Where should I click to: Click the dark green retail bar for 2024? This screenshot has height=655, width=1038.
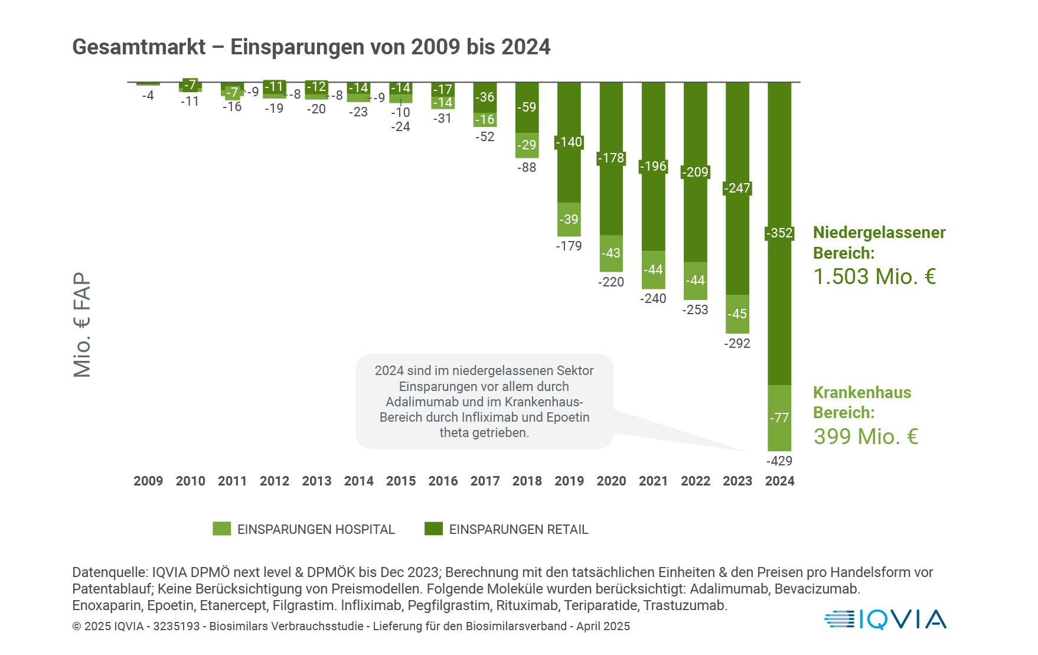coord(779,307)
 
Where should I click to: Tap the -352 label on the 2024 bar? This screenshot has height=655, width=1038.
coord(779,233)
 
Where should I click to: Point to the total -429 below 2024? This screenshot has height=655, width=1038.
coord(779,461)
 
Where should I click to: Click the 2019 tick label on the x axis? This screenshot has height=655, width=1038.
coord(569,481)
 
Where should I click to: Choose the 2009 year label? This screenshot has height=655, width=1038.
coord(148,481)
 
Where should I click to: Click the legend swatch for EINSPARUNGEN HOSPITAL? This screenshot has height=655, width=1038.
coord(222,529)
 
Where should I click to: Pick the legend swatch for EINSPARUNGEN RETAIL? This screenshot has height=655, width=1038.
coord(434,529)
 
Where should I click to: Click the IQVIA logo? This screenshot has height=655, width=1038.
coord(885,620)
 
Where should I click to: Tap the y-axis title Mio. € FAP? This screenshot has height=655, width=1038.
coord(82,324)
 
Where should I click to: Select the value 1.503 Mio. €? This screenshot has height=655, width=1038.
coord(874,277)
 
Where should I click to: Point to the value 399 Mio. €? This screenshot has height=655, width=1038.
coord(866,437)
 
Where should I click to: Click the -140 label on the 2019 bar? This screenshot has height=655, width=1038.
coord(569,142)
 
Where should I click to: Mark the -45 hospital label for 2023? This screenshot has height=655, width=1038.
coord(737,314)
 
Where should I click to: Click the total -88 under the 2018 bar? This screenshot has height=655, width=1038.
coord(527,168)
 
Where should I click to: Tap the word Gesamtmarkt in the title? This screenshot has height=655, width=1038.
coord(139,47)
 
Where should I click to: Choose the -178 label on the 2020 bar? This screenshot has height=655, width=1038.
coord(611,158)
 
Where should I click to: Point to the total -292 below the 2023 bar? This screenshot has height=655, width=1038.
coord(737,344)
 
